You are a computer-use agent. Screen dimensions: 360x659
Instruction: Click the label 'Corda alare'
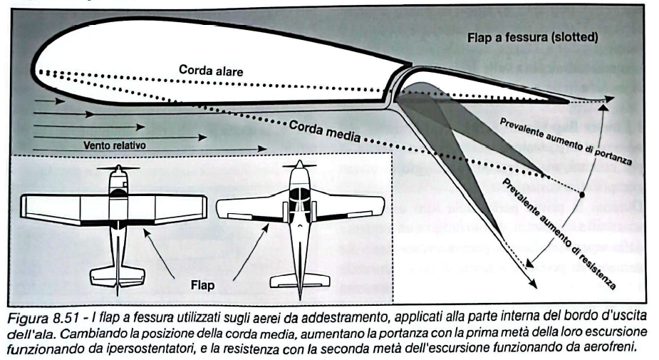(212, 71)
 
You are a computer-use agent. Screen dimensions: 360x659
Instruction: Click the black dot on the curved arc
(583, 194)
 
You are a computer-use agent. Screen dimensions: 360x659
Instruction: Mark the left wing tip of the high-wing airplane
(26, 207)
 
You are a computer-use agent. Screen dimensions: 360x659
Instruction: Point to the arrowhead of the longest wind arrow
(264, 150)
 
